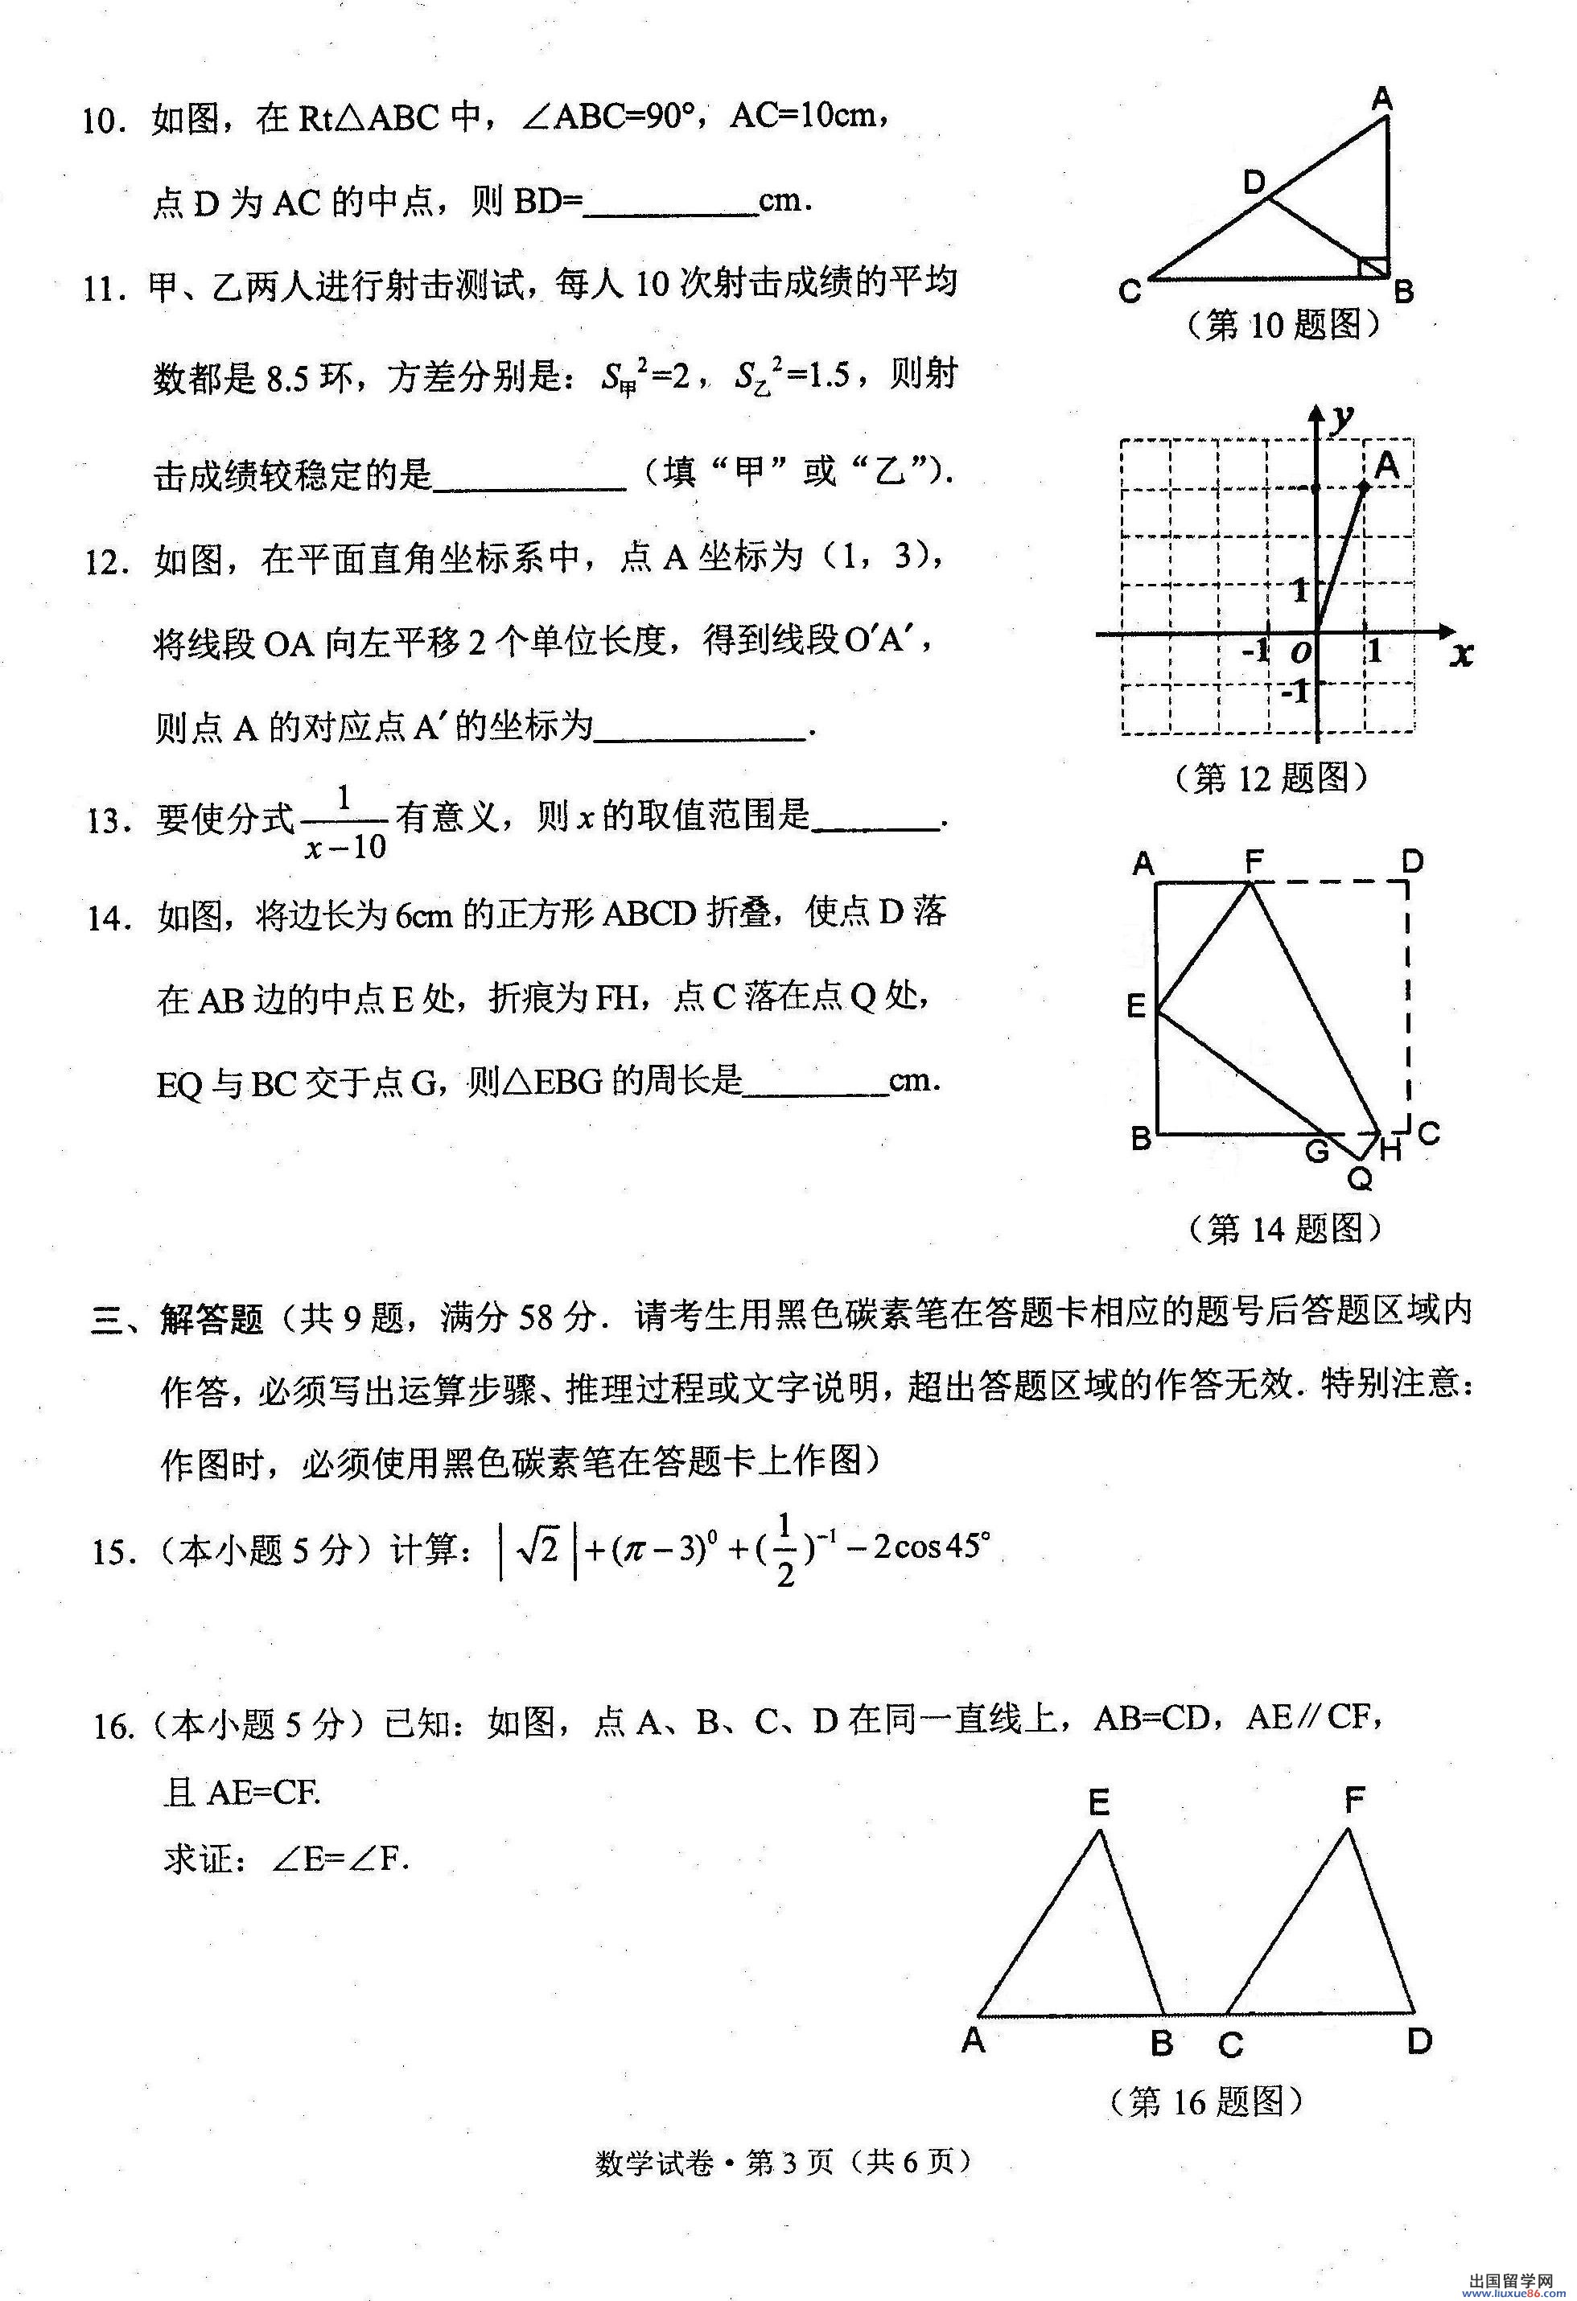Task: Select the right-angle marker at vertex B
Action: click(x=1372, y=266)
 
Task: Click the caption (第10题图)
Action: click(x=1282, y=324)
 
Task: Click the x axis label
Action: click(x=1461, y=654)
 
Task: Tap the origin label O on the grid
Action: click(x=1299, y=651)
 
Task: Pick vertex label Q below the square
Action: click(x=1360, y=1178)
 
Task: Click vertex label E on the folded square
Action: click(x=1136, y=1007)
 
